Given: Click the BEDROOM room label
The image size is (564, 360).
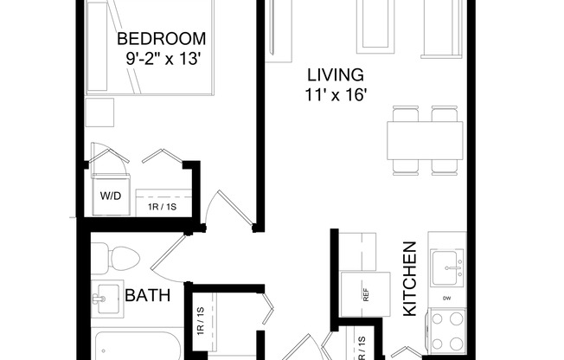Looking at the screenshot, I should (x=162, y=39).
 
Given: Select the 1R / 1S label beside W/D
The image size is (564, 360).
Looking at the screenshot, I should (x=162, y=208).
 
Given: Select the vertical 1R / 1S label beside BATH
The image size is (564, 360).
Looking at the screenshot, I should (x=199, y=322).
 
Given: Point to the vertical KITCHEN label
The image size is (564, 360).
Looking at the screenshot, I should (x=410, y=278).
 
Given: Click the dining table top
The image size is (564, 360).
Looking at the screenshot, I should (x=424, y=139).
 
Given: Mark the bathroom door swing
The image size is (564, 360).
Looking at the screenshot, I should (x=169, y=255).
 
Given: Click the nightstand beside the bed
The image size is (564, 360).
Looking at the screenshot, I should (x=99, y=112).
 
